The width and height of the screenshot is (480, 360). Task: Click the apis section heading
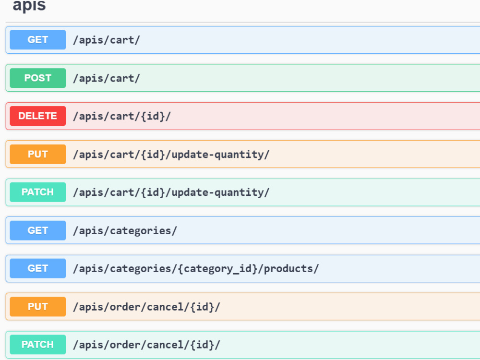pos(29,5)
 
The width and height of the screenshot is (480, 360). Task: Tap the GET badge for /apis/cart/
pos(37,40)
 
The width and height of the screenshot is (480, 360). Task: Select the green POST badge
pos(37,78)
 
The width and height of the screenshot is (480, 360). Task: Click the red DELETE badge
pos(37,116)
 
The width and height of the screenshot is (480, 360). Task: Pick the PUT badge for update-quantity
pos(37,154)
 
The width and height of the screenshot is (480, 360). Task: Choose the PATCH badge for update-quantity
pos(37,192)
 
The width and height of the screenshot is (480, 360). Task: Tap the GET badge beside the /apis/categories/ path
pos(37,230)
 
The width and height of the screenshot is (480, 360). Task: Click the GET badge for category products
pos(37,268)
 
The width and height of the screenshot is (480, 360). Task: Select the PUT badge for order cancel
pos(37,307)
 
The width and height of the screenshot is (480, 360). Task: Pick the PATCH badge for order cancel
pos(37,345)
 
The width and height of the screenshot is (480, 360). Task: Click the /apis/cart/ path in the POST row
pos(107,78)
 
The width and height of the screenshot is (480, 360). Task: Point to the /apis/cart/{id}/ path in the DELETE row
pos(122,116)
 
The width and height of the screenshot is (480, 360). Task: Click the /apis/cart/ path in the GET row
pos(107,40)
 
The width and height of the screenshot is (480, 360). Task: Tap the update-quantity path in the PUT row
pos(171,155)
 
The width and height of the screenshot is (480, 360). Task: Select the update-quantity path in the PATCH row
pos(171,192)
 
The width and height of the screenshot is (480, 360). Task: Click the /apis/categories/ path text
pos(125,231)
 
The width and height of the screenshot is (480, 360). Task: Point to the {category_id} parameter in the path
pos(217,269)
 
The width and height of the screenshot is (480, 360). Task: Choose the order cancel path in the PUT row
pos(146,307)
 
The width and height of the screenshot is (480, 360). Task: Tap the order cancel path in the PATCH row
pos(146,345)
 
